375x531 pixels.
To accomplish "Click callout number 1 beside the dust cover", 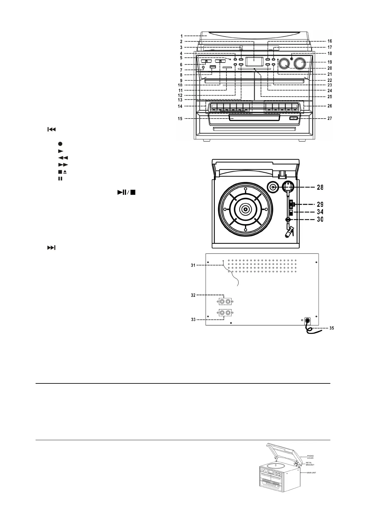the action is pyautogui.click(x=182, y=36).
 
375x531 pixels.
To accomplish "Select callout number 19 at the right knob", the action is pyautogui.click(x=329, y=62).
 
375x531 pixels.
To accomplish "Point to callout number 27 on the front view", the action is pyautogui.click(x=329, y=119).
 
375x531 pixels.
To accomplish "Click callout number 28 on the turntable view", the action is pyautogui.click(x=320, y=188).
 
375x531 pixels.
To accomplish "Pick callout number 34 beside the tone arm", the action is pyautogui.click(x=320, y=212).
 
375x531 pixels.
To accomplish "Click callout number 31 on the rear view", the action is pyautogui.click(x=193, y=265).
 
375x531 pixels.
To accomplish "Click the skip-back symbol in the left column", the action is pyautogui.click(x=51, y=129).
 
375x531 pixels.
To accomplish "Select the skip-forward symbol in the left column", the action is pyautogui.click(x=51, y=248).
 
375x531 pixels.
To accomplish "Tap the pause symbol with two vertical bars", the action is pyautogui.click(x=60, y=178).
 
